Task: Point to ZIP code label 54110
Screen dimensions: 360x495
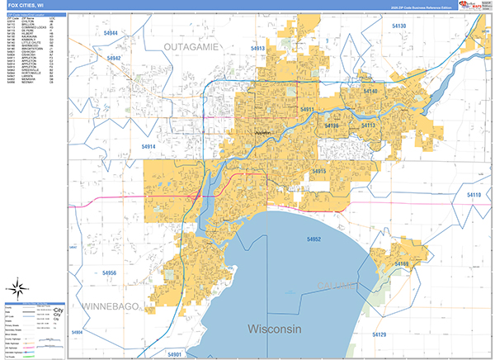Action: click(x=474, y=194)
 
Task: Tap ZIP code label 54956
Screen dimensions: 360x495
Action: click(x=109, y=272)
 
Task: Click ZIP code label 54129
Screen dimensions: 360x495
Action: click(x=379, y=334)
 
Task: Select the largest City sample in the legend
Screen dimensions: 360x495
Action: click(x=57, y=310)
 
